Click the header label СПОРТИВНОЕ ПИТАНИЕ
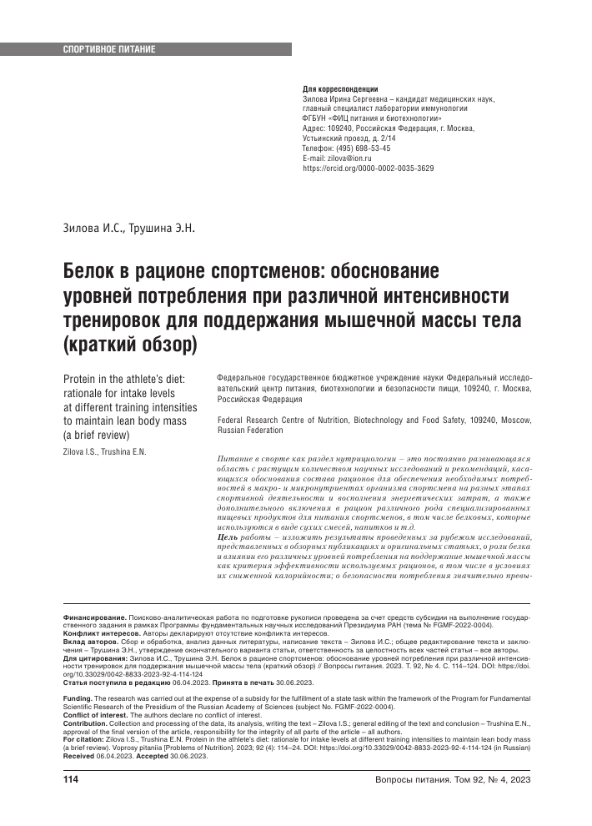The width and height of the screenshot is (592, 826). pos(109,50)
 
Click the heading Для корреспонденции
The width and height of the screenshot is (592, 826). pos(340,88)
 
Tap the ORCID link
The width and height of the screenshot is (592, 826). pos(368,168)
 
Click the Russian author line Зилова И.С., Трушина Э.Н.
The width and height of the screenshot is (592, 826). pos(129,227)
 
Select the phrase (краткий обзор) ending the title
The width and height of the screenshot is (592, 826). pos(129,343)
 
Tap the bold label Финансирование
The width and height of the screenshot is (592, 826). pos(96,617)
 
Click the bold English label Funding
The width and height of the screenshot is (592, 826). pos(78,698)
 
